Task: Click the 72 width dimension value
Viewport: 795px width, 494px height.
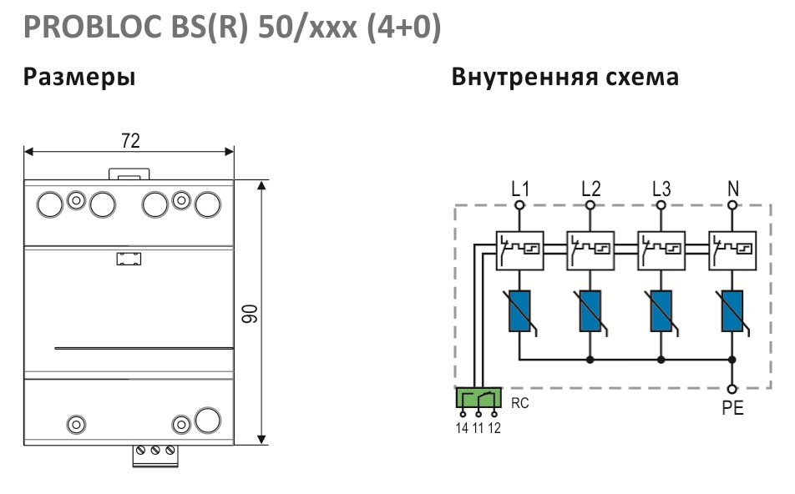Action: click(130, 140)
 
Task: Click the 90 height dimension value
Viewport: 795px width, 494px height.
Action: click(250, 314)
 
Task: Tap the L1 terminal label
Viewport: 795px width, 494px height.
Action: click(520, 189)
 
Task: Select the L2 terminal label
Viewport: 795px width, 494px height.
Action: click(591, 189)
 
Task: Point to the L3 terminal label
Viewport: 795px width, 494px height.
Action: click(661, 189)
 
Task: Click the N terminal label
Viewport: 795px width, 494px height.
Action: click(733, 189)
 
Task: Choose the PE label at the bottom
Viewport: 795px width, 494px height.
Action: click(732, 408)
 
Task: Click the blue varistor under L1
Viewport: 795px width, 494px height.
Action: click(519, 311)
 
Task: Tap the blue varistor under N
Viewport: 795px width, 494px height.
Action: click(732, 311)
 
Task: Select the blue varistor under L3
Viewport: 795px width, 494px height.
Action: click(661, 311)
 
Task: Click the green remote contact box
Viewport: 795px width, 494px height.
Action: click(479, 398)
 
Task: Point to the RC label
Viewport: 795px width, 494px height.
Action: click(519, 403)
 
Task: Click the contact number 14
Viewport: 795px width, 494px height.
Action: click(462, 428)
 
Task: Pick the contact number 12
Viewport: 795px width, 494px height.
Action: click(494, 428)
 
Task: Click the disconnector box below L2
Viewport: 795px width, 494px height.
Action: click(590, 250)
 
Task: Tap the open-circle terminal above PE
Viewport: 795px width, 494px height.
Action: click(732, 389)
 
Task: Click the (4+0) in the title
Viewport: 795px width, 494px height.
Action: click(403, 28)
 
